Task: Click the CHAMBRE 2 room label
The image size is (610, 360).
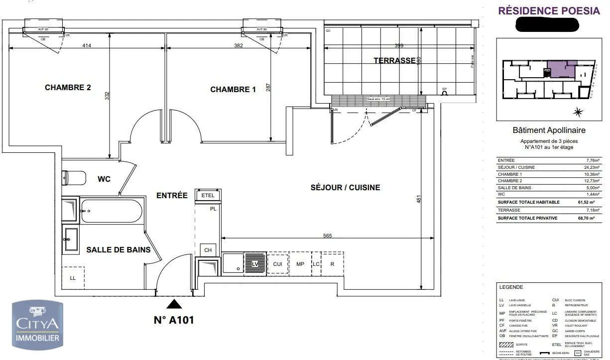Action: (x=68, y=87)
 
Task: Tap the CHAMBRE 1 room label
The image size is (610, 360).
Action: (x=233, y=90)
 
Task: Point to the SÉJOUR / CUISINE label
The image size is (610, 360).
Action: (x=345, y=188)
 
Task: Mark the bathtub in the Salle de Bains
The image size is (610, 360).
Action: (x=113, y=211)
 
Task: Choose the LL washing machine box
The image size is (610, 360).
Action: (x=73, y=278)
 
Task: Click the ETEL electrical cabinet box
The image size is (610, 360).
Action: (x=208, y=195)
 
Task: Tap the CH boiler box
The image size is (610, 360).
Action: (x=208, y=250)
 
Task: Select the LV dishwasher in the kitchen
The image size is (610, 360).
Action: (x=255, y=263)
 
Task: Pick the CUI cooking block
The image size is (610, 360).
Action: (x=277, y=264)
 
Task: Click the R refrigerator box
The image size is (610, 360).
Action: (x=332, y=264)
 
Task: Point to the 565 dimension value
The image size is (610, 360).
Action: (x=327, y=236)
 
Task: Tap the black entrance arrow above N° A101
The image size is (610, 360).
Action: (x=174, y=304)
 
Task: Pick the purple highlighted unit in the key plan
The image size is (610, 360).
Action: (x=562, y=69)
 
